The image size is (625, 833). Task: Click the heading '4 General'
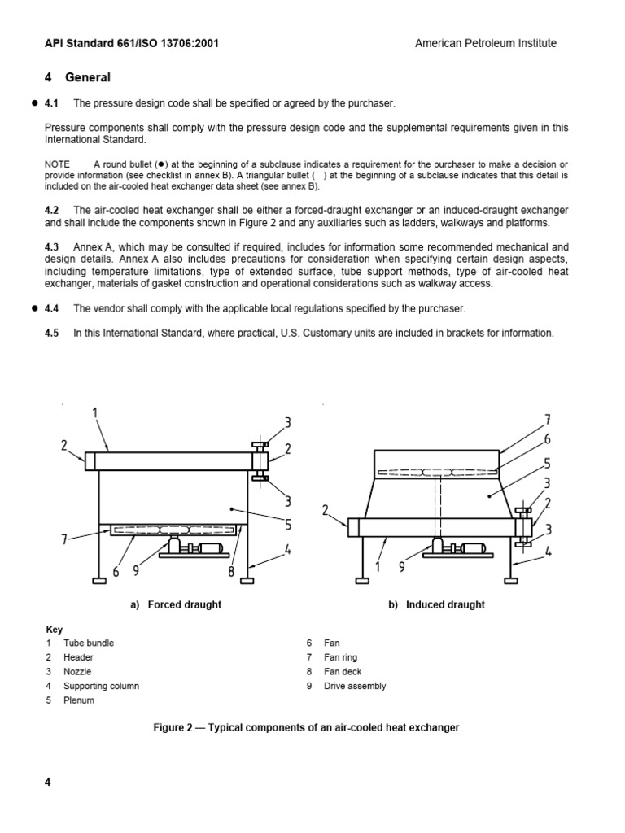pos(77,77)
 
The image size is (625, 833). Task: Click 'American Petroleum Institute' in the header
pos(485,43)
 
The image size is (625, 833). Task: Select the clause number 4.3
pos(51,246)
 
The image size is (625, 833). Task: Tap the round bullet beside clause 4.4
pos(34,308)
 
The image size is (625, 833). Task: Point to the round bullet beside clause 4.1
pos(34,103)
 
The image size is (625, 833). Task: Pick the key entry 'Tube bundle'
pos(89,643)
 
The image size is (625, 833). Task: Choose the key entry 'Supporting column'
pos(101,686)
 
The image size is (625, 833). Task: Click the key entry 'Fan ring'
pos(340,657)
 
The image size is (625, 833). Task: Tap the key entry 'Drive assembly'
pos(355,686)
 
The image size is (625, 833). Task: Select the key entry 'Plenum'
pos(79,700)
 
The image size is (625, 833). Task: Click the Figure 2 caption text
pos(306,727)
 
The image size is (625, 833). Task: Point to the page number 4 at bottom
pos(47,783)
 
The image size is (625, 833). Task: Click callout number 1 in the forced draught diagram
pos(95,413)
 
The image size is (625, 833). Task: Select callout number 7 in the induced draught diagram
pos(547,420)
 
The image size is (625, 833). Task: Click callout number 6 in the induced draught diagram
pos(547,439)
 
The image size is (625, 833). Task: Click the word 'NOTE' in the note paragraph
pos(57,164)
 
